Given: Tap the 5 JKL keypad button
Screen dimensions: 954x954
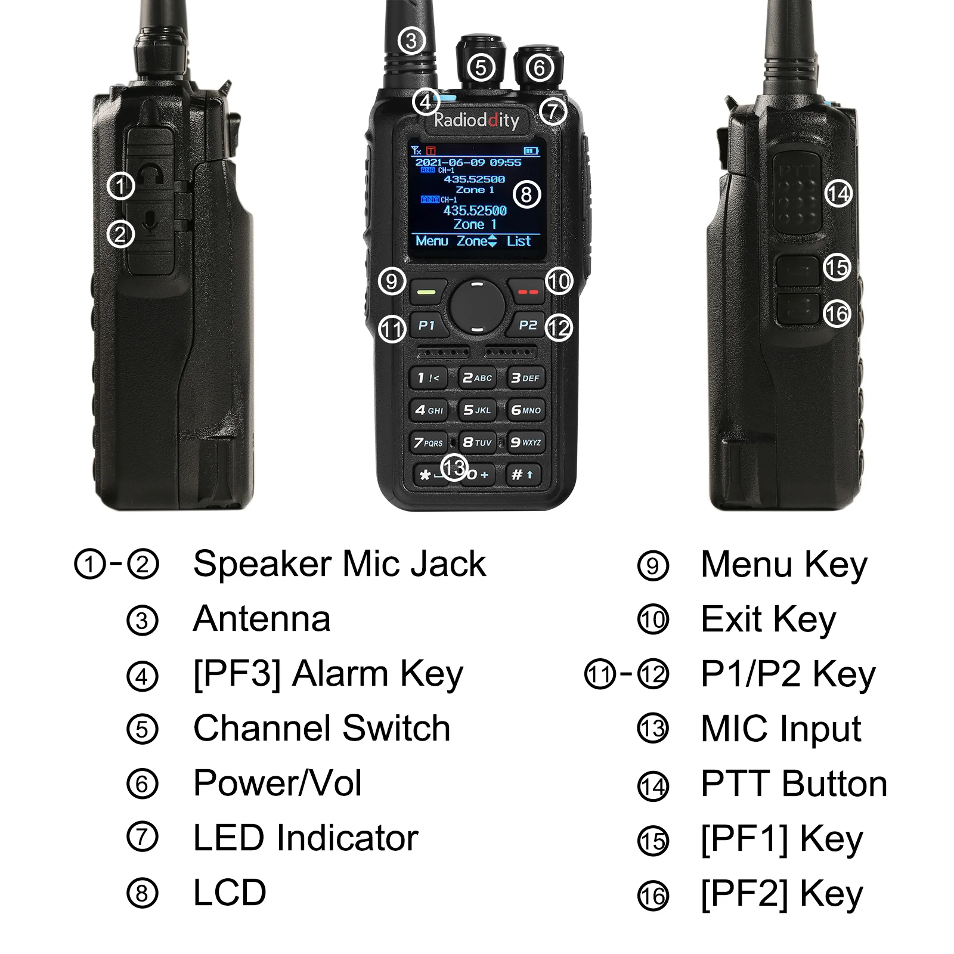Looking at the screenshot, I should (x=477, y=410).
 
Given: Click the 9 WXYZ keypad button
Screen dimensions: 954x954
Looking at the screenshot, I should (x=525, y=442).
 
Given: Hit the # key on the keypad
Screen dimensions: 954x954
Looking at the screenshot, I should (x=522, y=475).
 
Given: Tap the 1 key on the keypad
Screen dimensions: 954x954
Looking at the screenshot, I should (x=428, y=378).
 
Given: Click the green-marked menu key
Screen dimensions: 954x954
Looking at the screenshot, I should (x=428, y=292).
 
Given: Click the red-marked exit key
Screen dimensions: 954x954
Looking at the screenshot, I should (x=527, y=292).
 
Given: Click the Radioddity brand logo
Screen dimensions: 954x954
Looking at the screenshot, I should (x=476, y=120).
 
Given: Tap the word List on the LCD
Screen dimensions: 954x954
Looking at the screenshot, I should (x=519, y=241).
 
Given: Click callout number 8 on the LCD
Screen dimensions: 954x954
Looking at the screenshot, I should (x=526, y=194).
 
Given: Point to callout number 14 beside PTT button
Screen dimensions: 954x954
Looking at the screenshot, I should (x=838, y=194).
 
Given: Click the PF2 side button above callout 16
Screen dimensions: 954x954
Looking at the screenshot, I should (x=797, y=309).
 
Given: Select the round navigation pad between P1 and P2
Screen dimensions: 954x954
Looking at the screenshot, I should (x=477, y=307).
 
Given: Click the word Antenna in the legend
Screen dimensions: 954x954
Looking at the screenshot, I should (x=262, y=619).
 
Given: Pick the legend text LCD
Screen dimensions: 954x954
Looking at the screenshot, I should (x=230, y=893).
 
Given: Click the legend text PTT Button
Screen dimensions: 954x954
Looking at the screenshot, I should (x=794, y=783).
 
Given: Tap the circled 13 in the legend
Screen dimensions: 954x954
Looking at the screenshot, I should (x=653, y=729).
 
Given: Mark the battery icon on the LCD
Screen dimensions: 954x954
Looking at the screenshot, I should (x=531, y=151).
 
